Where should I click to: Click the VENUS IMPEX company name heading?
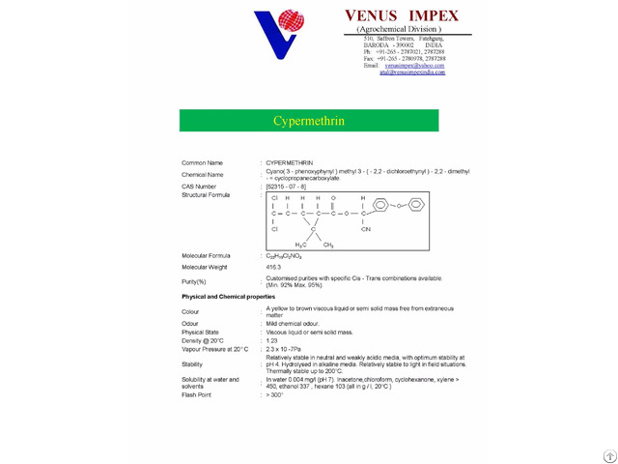(x=402, y=15)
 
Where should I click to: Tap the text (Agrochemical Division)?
(x=399, y=30)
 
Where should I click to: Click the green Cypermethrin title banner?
(x=308, y=121)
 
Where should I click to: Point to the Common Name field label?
(x=202, y=162)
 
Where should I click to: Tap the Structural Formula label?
(x=208, y=194)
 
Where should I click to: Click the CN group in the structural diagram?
(x=366, y=229)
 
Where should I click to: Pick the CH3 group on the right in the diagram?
(x=328, y=245)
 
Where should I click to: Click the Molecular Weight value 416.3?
(x=274, y=267)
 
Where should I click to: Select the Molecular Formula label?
(x=206, y=256)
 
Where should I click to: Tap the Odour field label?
(x=190, y=323)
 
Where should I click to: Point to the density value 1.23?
(x=271, y=340)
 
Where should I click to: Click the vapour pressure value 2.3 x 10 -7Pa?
(x=284, y=349)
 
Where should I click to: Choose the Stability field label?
(x=192, y=364)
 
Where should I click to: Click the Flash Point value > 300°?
(x=275, y=394)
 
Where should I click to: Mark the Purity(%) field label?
(x=194, y=280)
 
